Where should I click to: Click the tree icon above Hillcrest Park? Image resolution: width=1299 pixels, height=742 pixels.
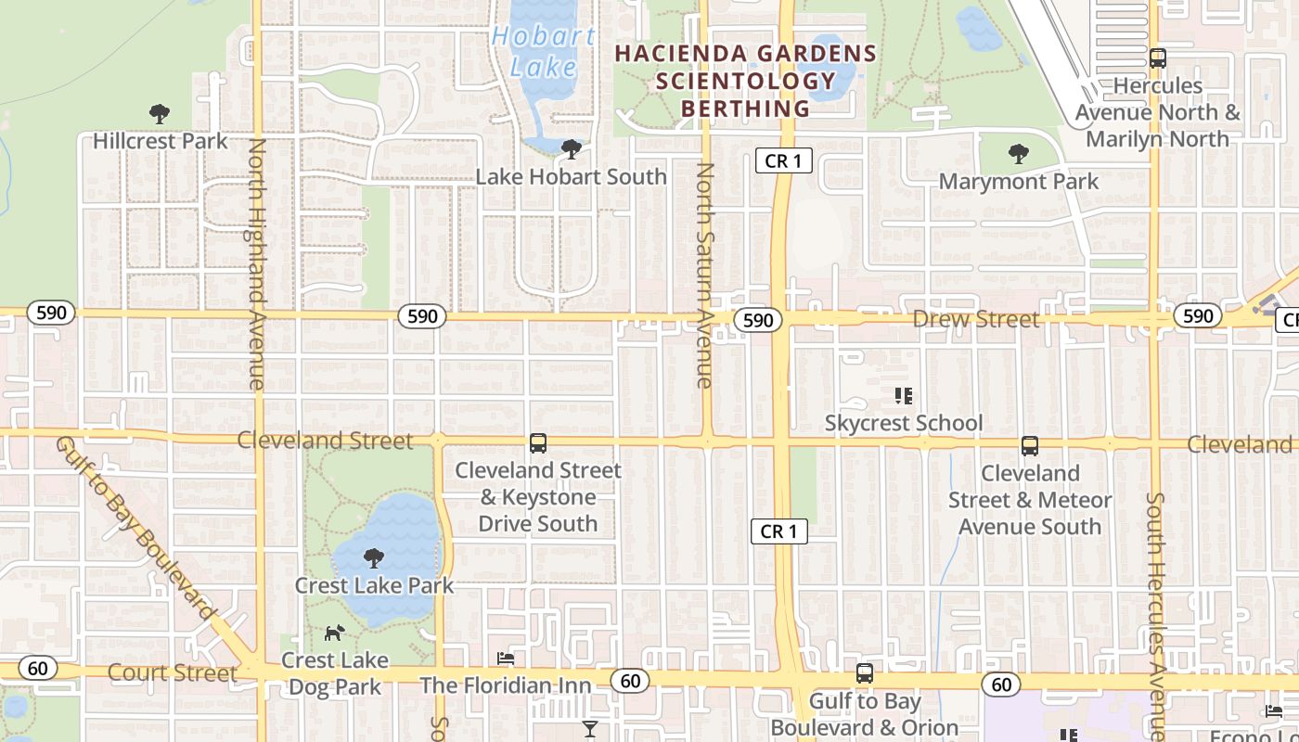point(160,114)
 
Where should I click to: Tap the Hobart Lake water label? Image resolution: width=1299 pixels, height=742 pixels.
point(544,52)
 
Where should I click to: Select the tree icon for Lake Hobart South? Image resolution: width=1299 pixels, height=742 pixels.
point(572,148)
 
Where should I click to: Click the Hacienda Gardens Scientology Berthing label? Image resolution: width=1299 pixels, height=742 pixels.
point(746,81)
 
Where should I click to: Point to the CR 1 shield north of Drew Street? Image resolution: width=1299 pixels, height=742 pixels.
point(783,160)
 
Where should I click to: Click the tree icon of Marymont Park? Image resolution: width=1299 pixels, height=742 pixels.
point(1019,154)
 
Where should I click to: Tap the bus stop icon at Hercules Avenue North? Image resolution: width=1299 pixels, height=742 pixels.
point(1157,58)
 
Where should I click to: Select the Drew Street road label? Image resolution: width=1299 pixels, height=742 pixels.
point(976,319)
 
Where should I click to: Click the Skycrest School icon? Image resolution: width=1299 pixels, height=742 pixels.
point(904,396)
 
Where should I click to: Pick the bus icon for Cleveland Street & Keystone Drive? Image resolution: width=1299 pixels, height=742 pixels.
point(538,443)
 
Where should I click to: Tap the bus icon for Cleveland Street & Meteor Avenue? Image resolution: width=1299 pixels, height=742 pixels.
point(1030,446)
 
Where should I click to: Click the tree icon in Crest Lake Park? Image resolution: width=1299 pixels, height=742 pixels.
point(374,557)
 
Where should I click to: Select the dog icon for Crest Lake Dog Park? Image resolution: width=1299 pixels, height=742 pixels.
point(334,633)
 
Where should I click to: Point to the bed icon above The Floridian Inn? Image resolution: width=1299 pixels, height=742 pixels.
point(506,659)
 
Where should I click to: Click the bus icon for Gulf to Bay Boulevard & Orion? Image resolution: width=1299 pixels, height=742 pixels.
point(865,673)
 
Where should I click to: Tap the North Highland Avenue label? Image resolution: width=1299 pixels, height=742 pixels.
point(257,264)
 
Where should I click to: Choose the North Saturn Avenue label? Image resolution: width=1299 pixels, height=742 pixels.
point(705,275)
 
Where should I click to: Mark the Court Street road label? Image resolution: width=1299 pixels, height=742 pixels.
point(174,672)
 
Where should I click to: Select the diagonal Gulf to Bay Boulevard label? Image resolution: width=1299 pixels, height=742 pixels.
point(135,527)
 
